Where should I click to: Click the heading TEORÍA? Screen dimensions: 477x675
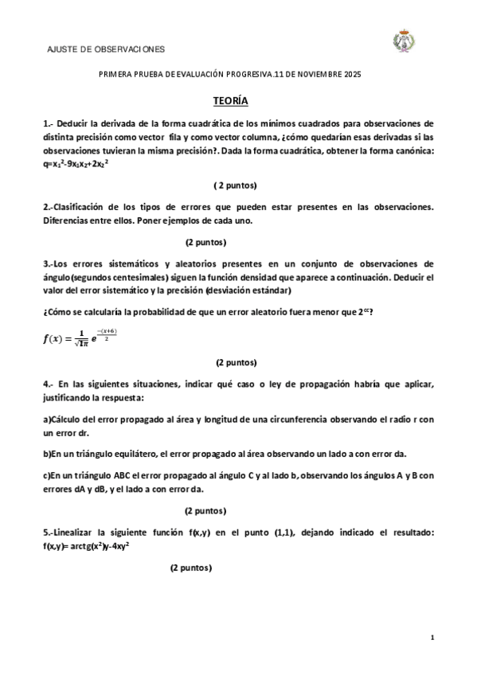pyautogui.click(x=230, y=102)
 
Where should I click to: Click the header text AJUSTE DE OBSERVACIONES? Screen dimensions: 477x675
pyautogui.click(x=107, y=49)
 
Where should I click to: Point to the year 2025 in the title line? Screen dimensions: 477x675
pyautogui.click(x=352, y=74)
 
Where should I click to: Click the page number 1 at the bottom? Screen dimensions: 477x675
pyautogui.click(x=431, y=638)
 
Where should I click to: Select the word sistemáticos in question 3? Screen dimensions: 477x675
pyautogui.click(x=141, y=263)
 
